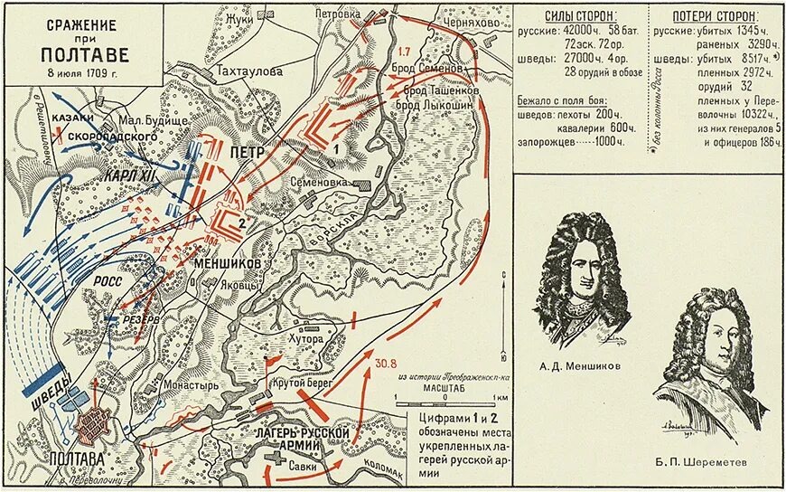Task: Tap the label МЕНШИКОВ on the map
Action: click(227, 262)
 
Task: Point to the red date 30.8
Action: click(386, 364)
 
